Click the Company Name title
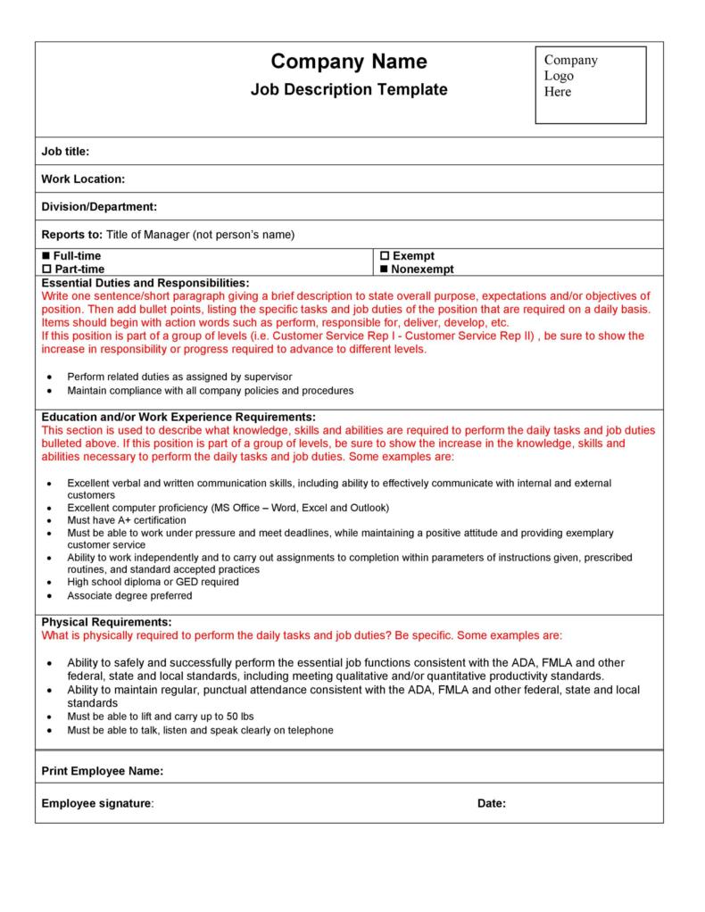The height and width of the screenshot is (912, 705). tap(349, 62)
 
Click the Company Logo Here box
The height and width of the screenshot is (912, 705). tap(591, 85)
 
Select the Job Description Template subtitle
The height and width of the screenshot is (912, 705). tap(349, 90)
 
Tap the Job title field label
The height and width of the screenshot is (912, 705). tap(65, 152)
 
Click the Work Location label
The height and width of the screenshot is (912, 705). tap(83, 179)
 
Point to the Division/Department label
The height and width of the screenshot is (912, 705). tap(99, 207)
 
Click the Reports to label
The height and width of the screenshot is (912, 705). tap(71, 235)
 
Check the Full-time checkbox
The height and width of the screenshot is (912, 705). tap(47, 256)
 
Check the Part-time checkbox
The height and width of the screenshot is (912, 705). tap(47, 269)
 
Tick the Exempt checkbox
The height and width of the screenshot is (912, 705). tap(385, 256)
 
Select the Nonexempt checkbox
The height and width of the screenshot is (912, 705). tap(385, 269)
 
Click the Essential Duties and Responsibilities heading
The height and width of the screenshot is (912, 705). tap(145, 282)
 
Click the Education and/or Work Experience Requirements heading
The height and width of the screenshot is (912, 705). tap(178, 417)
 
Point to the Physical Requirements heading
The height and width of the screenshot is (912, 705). tap(106, 621)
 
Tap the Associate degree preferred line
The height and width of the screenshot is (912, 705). tap(129, 595)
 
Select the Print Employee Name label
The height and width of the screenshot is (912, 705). tap(102, 771)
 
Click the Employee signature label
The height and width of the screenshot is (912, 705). tap(96, 803)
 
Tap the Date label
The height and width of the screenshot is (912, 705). tap(492, 803)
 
